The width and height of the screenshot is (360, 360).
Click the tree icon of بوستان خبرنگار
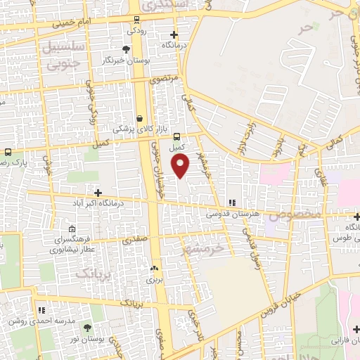[x=126, y=49]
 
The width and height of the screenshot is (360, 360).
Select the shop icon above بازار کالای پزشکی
[x=139, y=118]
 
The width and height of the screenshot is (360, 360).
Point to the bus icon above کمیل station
[x=176, y=138]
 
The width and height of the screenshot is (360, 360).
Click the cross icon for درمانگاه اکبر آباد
[x=98, y=193]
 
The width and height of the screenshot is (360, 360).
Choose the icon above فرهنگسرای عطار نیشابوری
[x=72, y=229]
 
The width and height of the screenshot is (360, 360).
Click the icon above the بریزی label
[x=154, y=268]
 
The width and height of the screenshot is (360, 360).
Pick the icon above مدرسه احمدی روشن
[x=41, y=309]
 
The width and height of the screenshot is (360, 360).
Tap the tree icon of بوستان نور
[x=87, y=328]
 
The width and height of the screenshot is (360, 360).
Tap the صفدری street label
[x=136, y=240]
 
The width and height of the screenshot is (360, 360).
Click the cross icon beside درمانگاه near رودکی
[x=174, y=34]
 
